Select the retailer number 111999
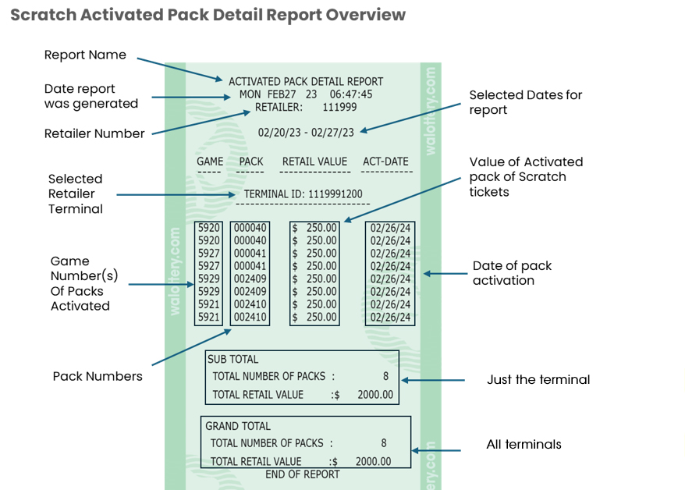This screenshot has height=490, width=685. click(x=339, y=107)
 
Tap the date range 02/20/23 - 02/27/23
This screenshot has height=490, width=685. click(x=306, y=133)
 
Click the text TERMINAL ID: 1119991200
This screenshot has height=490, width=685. click(x=303, y=194)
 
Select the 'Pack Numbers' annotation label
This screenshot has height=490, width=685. click(x=98, y=376)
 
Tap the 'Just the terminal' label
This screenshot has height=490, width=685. click(x=538, y=380)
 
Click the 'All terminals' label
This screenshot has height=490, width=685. click(x=524, y=445)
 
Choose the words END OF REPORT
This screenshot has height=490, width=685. click(x=303, y=474)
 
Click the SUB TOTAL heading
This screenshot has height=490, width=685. click(x=232, y=360)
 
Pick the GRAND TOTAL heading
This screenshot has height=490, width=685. click(x=238, y=426)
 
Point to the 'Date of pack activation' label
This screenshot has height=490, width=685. click(x=512, y=272)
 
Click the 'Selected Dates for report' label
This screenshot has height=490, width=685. click(x=525, y=102)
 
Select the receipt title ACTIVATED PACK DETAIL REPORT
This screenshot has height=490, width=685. click(x=306, y=81)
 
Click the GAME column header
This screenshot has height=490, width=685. click(x=210, y=162)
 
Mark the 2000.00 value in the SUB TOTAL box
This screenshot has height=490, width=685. click(x=374, y=395)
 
